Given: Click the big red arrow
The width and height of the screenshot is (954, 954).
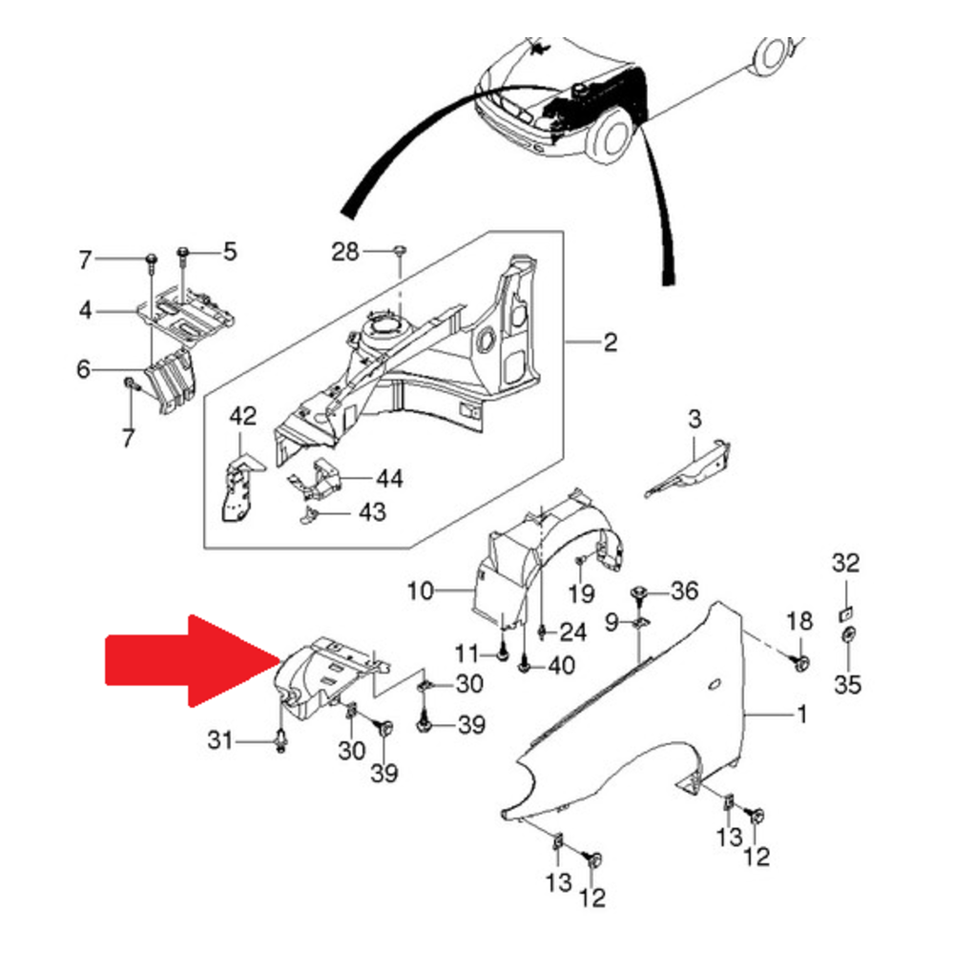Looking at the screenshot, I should pos(191,660).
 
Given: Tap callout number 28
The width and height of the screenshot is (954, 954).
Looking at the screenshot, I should pos(345,253).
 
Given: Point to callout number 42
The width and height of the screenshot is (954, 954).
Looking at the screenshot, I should pos(243,416).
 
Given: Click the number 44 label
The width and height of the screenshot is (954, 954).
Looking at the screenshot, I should pos(388,478).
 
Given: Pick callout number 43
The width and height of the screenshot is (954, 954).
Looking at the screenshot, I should pos(371,513).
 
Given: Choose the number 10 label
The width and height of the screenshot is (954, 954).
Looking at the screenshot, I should pos(420,592).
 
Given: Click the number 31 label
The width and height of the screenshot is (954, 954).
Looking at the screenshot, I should pos(220,738).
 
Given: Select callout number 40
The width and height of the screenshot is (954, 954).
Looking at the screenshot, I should pos(561,665).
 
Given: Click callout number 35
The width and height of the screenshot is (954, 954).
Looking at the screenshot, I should pos(848,683).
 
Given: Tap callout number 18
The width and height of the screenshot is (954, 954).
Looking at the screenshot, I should pos(798,623).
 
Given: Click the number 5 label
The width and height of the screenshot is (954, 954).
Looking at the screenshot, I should pos(229,252).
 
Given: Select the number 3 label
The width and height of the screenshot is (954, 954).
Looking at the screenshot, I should pos(695,418).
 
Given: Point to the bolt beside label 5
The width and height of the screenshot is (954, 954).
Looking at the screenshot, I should pos(183,254).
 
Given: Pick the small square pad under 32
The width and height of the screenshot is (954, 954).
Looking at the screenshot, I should pos(845,612).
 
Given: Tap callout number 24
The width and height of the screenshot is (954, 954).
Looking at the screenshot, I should pos(571,631).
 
